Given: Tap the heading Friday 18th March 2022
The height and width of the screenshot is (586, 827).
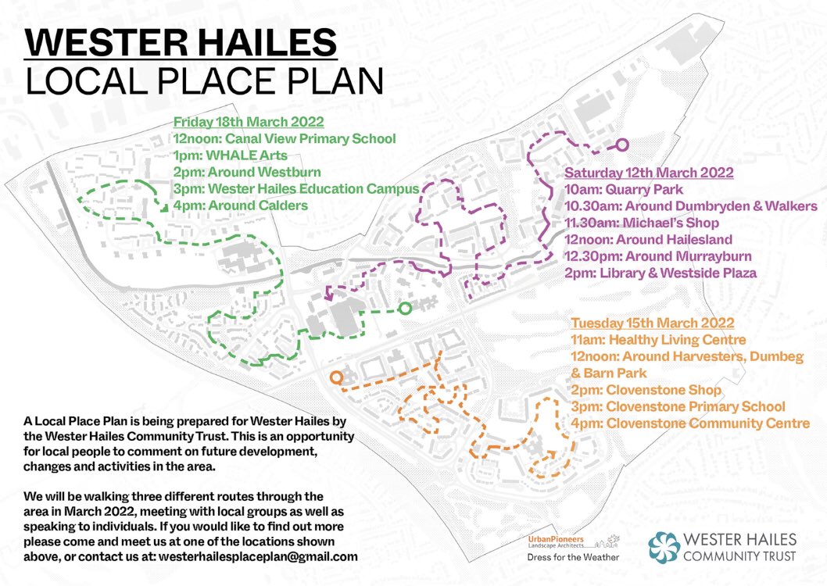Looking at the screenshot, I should [249, 123].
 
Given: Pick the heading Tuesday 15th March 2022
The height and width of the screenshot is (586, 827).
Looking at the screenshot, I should [652, 323].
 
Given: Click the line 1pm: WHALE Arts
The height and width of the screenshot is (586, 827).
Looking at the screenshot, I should [220, 156].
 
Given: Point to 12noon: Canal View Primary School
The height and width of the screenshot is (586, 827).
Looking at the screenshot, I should [285, 139].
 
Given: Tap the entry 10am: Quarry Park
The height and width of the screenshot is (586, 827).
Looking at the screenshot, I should [624, 190].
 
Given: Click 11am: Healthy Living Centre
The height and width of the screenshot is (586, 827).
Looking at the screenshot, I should [658, 340].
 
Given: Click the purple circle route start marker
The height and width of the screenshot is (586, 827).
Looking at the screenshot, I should [623, 145].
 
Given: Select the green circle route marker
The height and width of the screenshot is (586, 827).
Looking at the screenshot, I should [404, 309].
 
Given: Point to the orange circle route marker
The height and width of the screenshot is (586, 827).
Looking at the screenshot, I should [336, 377].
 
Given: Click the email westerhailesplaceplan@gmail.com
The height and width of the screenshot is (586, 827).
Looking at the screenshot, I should [258, 557].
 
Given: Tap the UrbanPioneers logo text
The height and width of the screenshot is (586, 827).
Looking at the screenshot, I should [555, 541].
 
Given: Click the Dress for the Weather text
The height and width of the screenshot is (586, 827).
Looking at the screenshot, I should [574, 557].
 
